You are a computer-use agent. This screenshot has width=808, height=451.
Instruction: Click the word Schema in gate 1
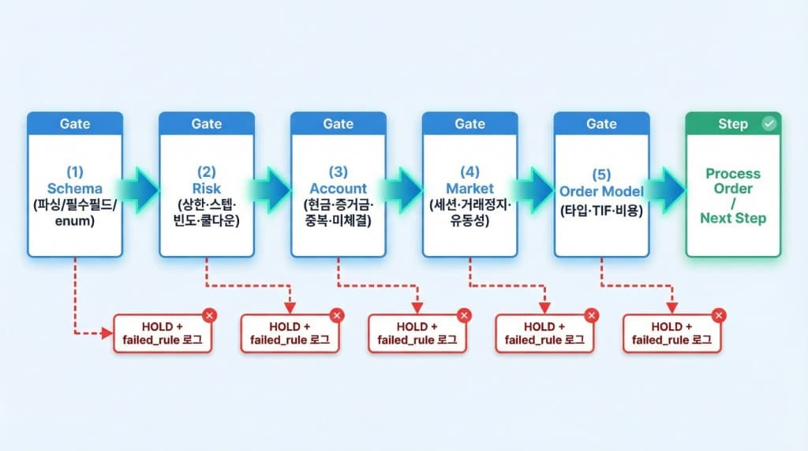pos(75,189)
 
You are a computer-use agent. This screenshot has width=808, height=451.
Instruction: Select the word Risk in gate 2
pos(207,189)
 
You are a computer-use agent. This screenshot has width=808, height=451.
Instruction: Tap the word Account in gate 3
pos(338,189)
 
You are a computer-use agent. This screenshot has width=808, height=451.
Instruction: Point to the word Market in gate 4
pos(469,189)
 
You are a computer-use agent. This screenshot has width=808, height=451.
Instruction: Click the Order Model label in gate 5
pos(601,192)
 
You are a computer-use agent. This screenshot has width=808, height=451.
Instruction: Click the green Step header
pos(732,124)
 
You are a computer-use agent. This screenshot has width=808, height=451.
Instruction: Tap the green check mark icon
pos(769,124)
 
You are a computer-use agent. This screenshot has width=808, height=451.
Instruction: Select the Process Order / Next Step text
pos(733,195)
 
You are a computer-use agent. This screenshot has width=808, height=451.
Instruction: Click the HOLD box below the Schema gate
pos(163,333)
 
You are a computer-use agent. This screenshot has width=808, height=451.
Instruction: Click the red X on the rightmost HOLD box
pos(719,316)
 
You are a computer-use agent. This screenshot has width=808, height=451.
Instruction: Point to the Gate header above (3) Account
pos(338,124)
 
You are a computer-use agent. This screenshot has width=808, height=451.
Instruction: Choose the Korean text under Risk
pos(207,213)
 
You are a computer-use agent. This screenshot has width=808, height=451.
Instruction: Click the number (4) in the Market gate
pos(469,172)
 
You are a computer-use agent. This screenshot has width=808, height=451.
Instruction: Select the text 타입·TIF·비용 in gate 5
pos(601,211)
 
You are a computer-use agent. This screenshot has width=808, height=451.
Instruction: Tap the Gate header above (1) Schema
pos(75,124)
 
